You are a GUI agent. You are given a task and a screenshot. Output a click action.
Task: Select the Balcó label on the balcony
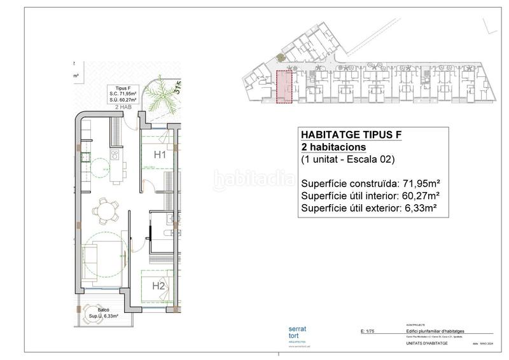click(x=95, y=310)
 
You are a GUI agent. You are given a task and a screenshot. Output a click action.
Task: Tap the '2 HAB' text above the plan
click(x=123, y=108)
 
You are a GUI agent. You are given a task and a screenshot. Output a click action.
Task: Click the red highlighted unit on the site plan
click(x=284, y=87)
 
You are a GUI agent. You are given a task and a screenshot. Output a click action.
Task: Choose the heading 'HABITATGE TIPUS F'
click(x=351, y=134)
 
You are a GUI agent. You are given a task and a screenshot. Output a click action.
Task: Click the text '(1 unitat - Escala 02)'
click(x=352, y=160)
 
